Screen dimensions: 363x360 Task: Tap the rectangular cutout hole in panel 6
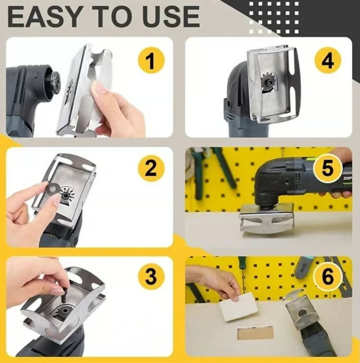tap(255, 333)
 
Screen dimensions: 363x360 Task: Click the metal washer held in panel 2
tap(51, 189)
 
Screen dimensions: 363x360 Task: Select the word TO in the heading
tap(107, 16)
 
